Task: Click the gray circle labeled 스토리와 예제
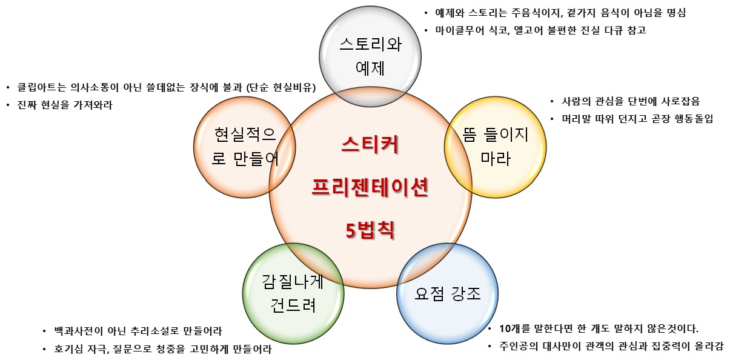tap(370, 55)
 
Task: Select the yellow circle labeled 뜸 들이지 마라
tap(495, 146)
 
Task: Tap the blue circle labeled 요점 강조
tap(447, 294)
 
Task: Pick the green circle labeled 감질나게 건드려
tap(293, 293)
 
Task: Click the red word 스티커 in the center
tap(370, 146)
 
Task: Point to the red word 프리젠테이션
tap(370, 187)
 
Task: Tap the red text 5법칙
tap(370, 230)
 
